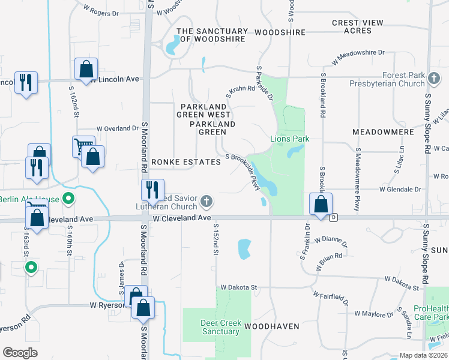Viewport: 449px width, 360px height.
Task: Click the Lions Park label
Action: [289, 139]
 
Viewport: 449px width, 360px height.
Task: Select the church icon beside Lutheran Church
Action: [206, 201]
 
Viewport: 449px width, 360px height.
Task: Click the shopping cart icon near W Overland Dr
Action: [83, 146]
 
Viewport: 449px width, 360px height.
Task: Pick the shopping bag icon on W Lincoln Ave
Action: [86, 69]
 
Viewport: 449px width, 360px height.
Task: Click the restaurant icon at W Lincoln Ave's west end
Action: [25, 82]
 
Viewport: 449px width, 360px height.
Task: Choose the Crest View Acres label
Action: [357, 27]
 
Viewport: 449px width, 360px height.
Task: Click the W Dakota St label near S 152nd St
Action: [238, 288]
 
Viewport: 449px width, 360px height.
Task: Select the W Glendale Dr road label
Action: [401, 190]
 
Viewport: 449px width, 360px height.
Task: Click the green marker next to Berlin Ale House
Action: [69, 199]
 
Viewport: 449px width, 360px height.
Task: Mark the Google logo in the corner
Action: [20, 353]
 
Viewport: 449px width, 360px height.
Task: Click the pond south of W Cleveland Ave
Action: [244, 248]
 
